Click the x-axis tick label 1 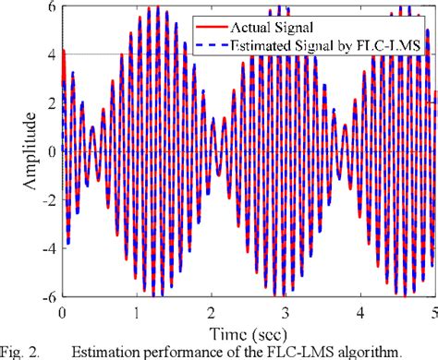[137, 311]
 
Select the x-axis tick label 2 [212, 311]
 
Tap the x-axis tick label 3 [286, 311]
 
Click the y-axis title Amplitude [21, 151]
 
